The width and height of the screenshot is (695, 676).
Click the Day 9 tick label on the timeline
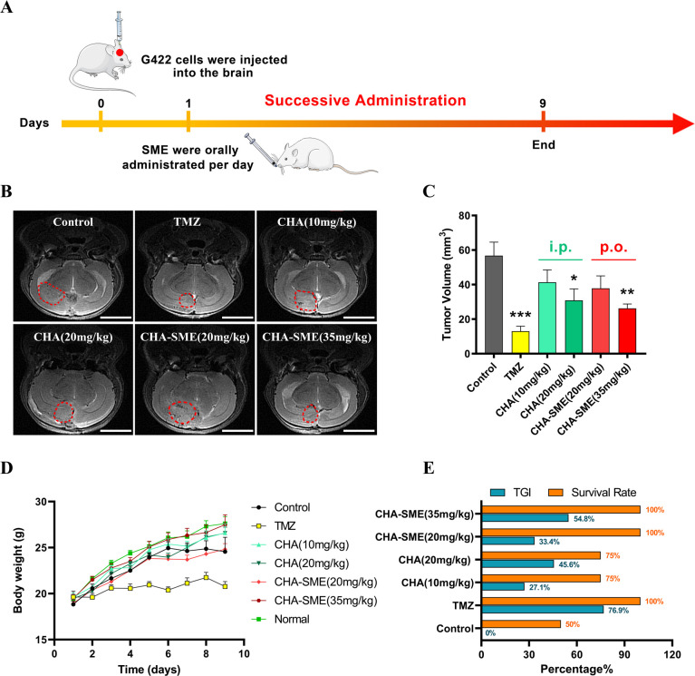pos(543,103)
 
